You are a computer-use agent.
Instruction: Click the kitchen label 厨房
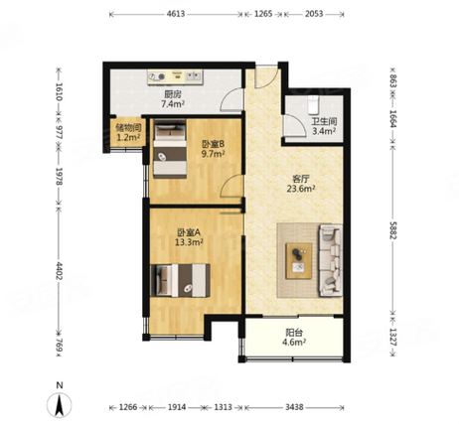(x=173, y=94)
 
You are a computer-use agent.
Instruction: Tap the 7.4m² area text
(x=173, y=104)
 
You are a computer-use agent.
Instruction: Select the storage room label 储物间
(x=128, y=127)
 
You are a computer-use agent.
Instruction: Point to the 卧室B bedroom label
(x=214, y=144)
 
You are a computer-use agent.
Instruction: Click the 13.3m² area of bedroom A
(x=189, y=242)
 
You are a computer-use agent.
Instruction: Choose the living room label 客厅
(x=301, y=179)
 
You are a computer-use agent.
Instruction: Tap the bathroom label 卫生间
(x=324, y=121)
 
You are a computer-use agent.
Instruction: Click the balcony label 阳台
(x=294, y=333)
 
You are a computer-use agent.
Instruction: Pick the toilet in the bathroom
(x=313, y=104)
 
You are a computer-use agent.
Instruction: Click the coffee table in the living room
(x=299, y=261)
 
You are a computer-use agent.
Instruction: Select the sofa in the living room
(x=330, y=260)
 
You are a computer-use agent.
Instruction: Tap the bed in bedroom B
(x=170, y=149)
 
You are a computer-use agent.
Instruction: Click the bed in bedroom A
(x=180, y=280)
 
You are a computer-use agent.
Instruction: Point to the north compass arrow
(x=60, y=405)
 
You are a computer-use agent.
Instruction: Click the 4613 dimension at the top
(x=176, y=14)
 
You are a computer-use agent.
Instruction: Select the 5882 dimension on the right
(x=393, y=230)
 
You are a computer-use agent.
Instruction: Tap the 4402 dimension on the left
(x=59, y=271)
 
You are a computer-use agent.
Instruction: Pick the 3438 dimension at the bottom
(x=294, y=407)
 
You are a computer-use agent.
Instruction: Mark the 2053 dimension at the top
(x=314, y=14)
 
